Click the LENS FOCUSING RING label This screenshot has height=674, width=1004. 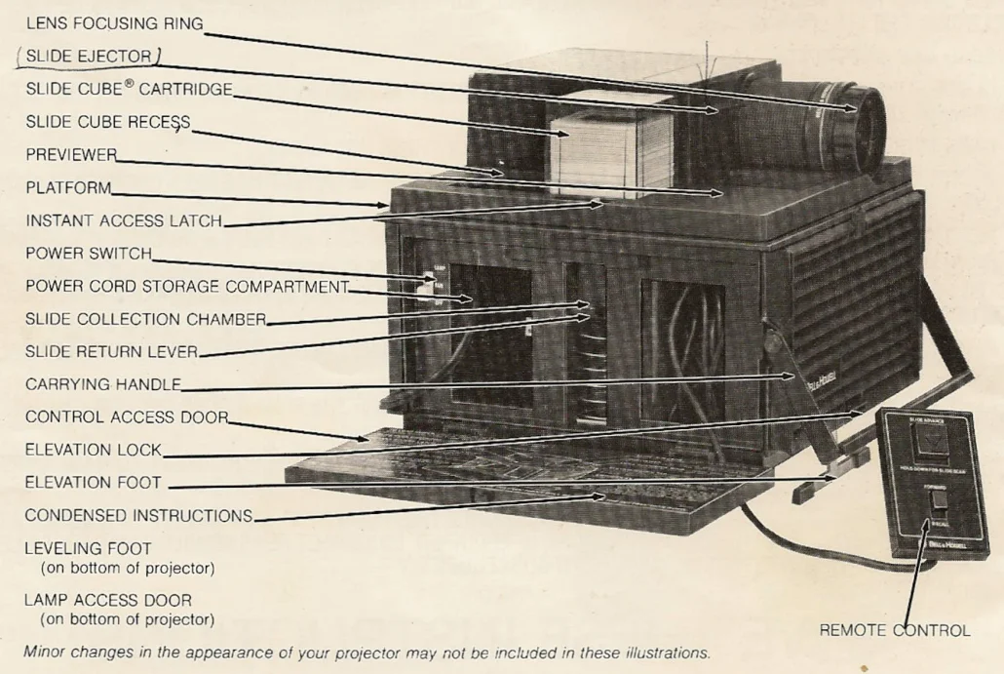coord(114,23)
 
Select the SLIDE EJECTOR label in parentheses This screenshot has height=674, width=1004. coord(89,57)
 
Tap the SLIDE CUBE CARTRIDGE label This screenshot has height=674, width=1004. coord(129,89)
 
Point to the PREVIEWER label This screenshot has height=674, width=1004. coord(71,155)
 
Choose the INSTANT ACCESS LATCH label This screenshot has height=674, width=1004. coord(124,220)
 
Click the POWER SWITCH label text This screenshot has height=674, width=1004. coord(89,254)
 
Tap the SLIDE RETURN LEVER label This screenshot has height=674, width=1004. coord(111,352)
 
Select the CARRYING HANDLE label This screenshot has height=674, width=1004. coord(103,385)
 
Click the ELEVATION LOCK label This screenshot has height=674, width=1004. coord(94,451)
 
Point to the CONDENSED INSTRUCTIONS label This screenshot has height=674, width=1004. coord(138,516)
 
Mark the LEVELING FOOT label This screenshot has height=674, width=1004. coord(88,549)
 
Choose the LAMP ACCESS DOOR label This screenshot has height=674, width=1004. coord(108,601)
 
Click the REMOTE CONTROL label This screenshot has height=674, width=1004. coord(894,631)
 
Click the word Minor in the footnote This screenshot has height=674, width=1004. coord(45,653)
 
